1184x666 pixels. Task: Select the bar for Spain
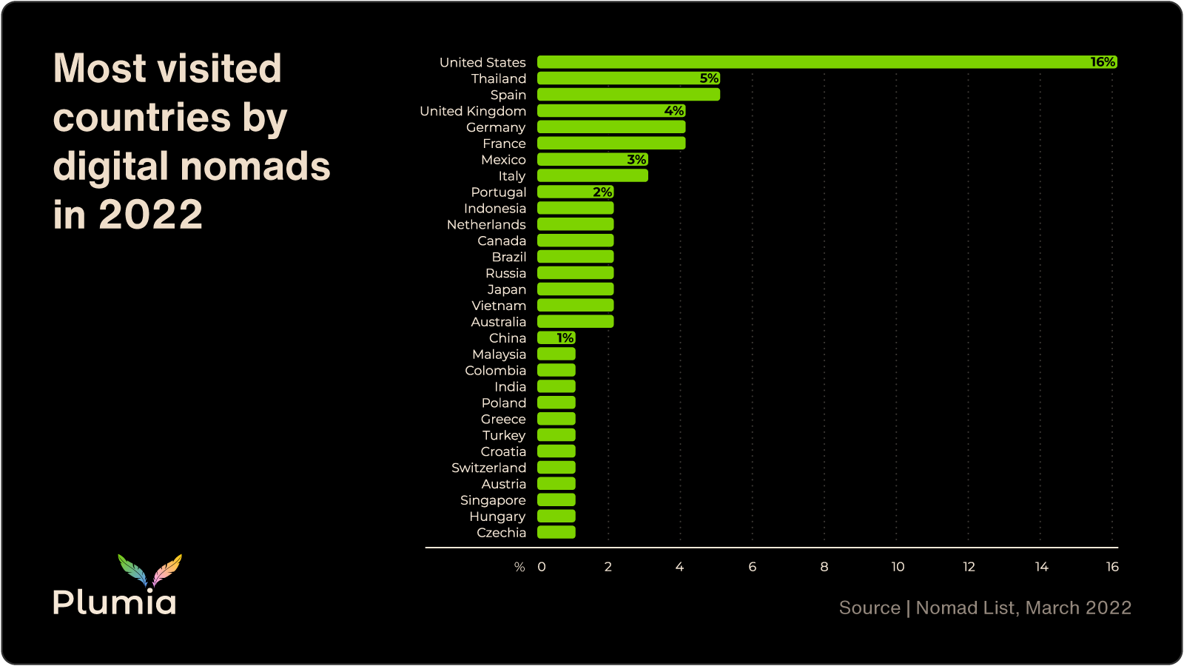click(628, 95)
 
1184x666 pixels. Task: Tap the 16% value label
click(1103, 62)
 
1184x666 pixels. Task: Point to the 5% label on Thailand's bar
click(709, 78)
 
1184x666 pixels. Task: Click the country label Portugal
click(498, 192)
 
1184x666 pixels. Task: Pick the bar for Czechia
click(556, 533)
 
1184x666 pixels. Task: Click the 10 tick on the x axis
click(898, 567)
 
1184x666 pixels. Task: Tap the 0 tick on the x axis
click(542, 567)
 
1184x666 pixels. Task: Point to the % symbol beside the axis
click(519, 568)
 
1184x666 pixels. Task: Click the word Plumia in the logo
click(115, 602)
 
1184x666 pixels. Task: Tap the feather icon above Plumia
click(150, 570)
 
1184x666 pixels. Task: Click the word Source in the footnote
click(869, 608)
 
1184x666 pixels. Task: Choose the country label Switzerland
click(488, 468)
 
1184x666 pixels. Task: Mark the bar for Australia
click(575, 322)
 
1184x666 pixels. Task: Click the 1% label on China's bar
click(565, 338)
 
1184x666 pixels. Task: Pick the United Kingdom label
click(473, 111)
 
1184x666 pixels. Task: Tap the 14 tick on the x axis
click(1041, 567)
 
